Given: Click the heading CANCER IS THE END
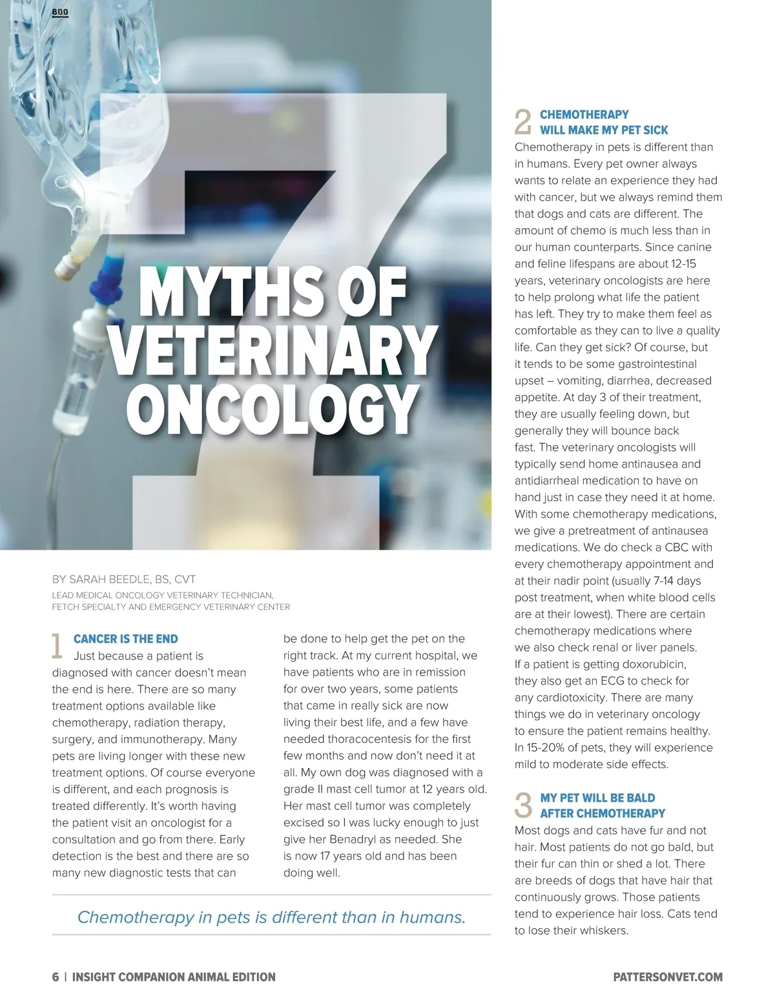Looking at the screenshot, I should (125, 639).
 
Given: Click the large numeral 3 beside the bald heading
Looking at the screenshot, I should (523, 805).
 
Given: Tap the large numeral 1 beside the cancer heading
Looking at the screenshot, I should (57, 646).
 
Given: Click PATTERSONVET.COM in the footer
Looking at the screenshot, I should (668, 977).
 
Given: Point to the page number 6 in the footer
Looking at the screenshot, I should (56, 977).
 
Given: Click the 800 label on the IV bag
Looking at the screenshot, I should (59, 12).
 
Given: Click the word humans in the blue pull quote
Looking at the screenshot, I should (432, 917).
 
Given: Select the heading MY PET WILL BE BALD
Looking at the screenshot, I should (597, 798).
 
